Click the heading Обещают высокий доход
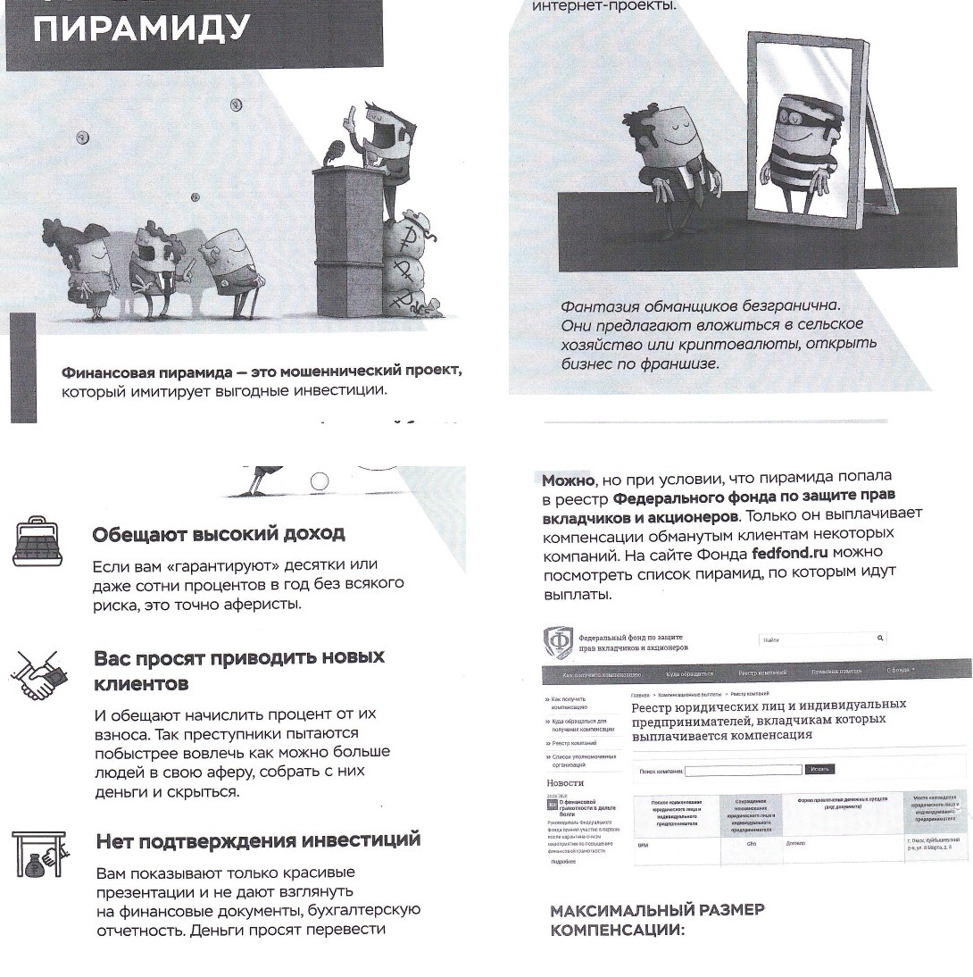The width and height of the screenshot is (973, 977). click(x=219, y=535)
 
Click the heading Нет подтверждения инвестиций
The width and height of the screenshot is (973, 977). click(x=257, y=840)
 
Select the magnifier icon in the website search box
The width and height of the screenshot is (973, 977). click(x=880, y=638)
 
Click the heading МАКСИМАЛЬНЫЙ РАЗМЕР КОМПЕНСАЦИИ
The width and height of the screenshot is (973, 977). click(x=657, y=920)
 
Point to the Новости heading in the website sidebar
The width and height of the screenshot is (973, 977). click(x=565, y=782)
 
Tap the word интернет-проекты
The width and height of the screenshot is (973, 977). click(x=604, y=6)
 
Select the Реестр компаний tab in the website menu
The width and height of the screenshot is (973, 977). click(x=762, y=672)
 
